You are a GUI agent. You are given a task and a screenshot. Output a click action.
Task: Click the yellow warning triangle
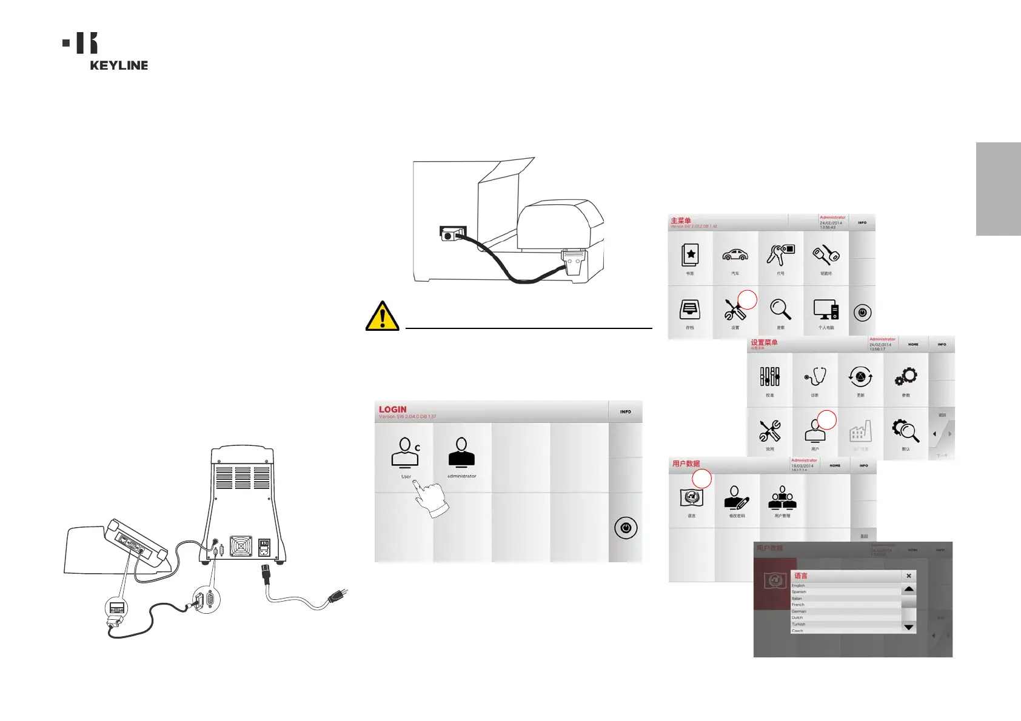382,316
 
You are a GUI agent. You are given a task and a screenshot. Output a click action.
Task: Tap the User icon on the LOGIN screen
405,454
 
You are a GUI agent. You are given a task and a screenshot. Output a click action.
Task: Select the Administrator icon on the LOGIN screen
461,454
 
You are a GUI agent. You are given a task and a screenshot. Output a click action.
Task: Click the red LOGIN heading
393,410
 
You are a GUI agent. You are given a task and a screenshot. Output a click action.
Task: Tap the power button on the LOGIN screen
626,528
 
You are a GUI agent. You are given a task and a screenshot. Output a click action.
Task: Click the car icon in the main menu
735,255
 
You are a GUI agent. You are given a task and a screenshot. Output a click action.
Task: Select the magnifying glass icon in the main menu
780,310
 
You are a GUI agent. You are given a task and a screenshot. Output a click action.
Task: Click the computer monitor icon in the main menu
826,310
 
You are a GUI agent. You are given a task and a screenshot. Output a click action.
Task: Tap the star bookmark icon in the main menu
690,255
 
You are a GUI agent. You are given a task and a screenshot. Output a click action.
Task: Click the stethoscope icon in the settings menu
815,377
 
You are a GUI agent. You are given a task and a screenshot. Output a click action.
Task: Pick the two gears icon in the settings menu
906,377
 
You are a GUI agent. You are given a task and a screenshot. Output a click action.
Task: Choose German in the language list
799,611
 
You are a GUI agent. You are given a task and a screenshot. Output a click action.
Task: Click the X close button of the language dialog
908,576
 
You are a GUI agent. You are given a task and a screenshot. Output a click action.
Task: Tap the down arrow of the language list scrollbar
908,627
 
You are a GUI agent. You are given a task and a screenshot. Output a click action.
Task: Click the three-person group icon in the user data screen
782,499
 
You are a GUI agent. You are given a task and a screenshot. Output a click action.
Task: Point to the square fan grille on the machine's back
241,547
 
